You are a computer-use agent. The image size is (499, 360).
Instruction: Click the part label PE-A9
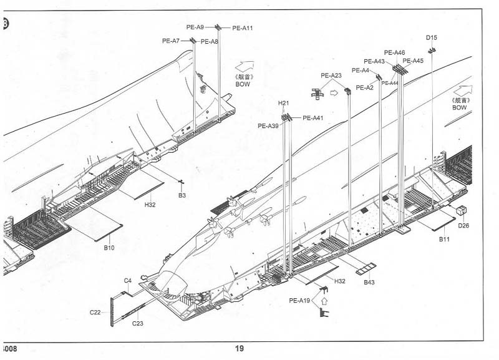(195, 27)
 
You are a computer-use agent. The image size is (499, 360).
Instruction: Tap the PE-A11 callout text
(243, 28)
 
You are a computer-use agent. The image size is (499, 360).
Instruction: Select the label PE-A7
(171, 41)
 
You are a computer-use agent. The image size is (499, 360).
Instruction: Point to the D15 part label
(432, 37)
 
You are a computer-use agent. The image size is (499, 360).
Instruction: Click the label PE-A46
(395, 52)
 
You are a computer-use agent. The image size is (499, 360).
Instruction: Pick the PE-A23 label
(331, 75)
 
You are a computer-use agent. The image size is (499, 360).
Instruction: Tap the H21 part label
(283, 103)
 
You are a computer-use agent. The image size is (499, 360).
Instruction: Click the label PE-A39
(268, 126)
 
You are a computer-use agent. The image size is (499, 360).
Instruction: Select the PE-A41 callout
(313, 119)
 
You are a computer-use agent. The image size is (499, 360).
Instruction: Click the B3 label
(182, 196)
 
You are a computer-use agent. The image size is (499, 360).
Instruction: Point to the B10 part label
(109, 248)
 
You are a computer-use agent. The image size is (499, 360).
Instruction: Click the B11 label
(444, 240)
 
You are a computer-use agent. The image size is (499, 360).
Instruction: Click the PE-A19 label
(299, 301)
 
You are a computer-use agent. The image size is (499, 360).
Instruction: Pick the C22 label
(95, 312)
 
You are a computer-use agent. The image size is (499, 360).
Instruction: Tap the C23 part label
(138, 323)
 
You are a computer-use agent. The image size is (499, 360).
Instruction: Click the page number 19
(240, 349)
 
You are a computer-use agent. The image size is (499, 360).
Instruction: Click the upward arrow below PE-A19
(323, 301)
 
